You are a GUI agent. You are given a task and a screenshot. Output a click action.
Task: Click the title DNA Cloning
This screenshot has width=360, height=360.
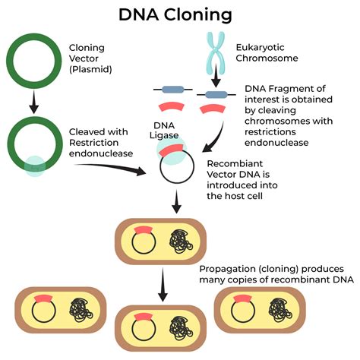coord(180,14)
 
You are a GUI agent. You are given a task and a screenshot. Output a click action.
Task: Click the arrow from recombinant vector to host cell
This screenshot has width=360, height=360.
coord(176,203)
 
